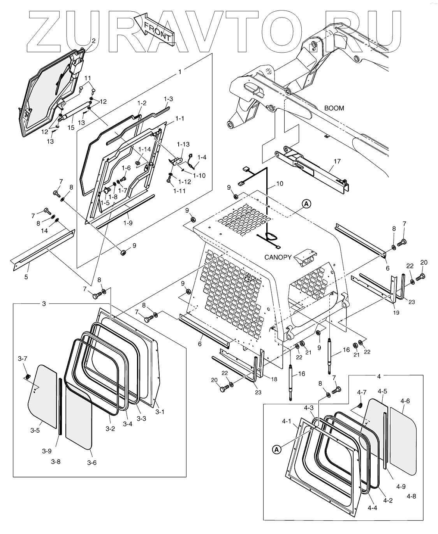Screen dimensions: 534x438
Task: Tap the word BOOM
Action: tap(334, 108)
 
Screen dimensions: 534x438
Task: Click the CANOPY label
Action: tap(278, 257)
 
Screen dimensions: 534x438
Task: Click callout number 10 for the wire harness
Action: tap(280, 183)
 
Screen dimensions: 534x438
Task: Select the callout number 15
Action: tap(71, 128)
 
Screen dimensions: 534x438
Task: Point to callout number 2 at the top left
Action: tap(93, 41)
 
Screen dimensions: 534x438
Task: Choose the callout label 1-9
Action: tap(128, 223)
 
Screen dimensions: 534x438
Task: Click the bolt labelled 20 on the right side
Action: tap(420, 277)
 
